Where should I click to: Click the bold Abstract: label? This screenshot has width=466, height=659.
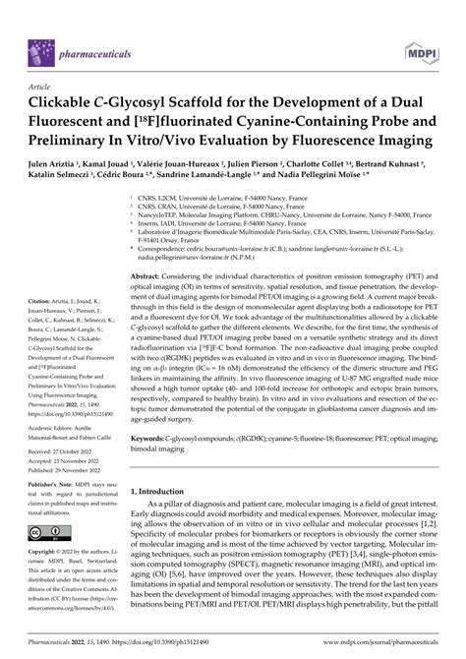pos(149,278)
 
